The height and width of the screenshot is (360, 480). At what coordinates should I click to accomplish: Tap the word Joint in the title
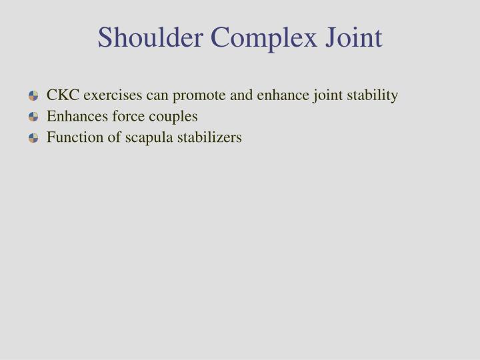click(x=353, y=37)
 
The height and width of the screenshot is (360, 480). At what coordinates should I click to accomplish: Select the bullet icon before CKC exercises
click(x=34, y=96)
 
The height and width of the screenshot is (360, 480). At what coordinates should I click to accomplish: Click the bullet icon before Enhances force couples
click(x=34, y=117)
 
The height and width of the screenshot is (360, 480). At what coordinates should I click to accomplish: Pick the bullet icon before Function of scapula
click(x=34, y=139)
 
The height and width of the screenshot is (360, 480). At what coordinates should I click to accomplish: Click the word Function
click(x=72, y=138)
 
